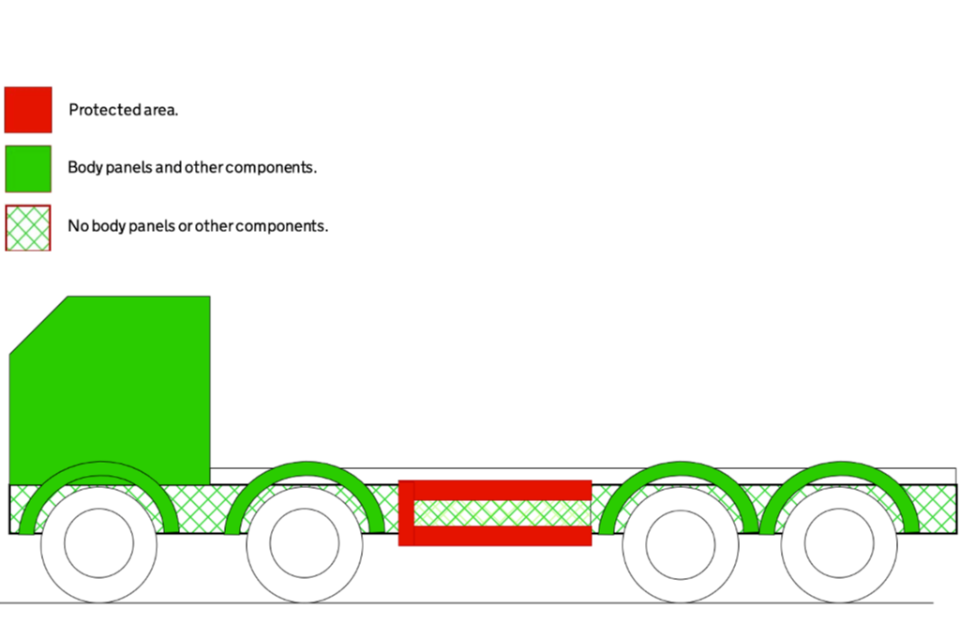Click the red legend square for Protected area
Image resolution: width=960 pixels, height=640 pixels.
(x=28, y=109)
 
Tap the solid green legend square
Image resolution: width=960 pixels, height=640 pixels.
(x=28, y=168)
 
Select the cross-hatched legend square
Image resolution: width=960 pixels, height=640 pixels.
(x=28, y=227)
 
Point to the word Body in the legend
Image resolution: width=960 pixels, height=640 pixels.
(x=83, y=168)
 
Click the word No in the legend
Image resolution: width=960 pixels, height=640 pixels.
(x=77, y=226)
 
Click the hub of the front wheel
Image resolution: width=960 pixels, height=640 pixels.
(x=99, y=543)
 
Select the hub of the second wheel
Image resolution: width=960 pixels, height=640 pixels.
(x=304, y=543)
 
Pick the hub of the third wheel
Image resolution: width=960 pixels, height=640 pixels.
(x=680, y=543)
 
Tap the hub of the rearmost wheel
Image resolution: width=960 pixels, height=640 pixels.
(x=838, y=543)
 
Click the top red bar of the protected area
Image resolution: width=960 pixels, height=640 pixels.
(x=500, y=490)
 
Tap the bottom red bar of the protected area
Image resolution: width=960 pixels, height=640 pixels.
(x=500, y=536)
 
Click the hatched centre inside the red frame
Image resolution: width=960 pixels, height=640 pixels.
(x=500, y=513)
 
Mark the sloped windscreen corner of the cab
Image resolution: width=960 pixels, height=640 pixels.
(x=38, y=325)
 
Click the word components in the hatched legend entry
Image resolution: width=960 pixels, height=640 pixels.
(x=282, y=226)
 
